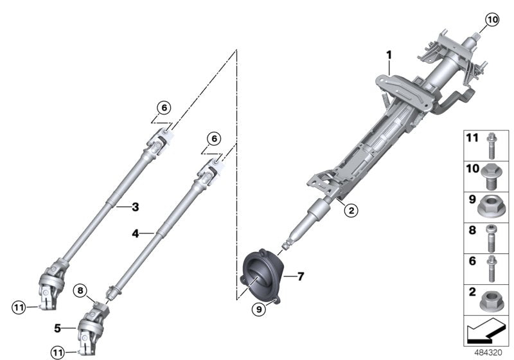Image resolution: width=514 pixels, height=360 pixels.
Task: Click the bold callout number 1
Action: click(389, 56)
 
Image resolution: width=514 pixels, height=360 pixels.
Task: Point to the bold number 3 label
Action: click(136, 206)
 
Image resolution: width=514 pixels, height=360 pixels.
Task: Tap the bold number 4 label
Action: click(136, 234)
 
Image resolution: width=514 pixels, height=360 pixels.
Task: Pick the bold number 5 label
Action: click(57, 327)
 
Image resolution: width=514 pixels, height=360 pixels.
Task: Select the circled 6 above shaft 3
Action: click(163, 108)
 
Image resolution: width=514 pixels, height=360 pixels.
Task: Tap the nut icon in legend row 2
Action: click(492, 300)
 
